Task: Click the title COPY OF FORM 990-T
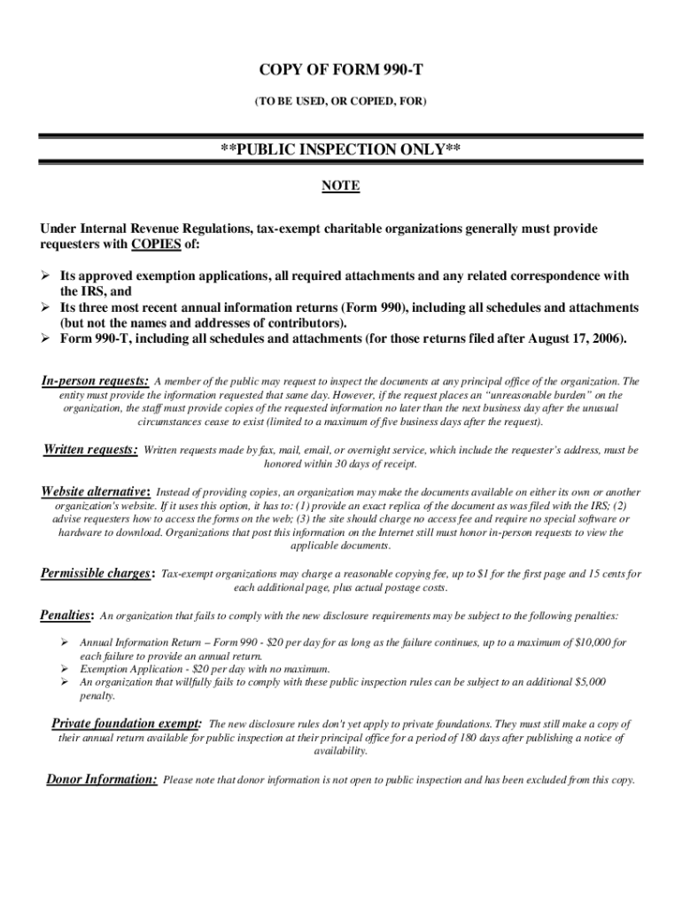click(340, 70)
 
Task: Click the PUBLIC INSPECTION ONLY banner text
click(340, 151)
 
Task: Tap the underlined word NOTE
click(340, 187)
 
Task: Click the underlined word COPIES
click(156, 244)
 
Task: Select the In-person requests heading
click(95, 382)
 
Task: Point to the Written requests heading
click(90, 450)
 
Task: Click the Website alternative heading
click(96, 492)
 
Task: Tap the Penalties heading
click(66, 615)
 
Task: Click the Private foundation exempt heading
click(126, 723)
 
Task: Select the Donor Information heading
click(101, 779)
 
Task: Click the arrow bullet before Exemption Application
click(65, 670)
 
